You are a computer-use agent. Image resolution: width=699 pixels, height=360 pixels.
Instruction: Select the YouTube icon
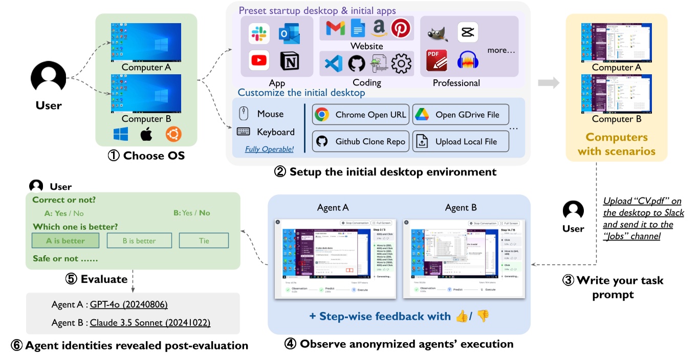click(259, 61)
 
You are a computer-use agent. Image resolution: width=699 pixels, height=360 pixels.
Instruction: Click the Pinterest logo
click(401, 28)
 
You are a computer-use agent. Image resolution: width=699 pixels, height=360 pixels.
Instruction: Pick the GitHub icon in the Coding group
click(357, 64)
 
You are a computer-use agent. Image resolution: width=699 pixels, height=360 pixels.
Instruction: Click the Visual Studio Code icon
click(334, 64)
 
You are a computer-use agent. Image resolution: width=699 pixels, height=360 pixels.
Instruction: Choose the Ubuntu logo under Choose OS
click(173, 134)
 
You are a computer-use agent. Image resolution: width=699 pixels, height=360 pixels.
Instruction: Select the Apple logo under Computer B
click(146, 134)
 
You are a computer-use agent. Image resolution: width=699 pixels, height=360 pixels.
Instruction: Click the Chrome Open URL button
click(361, 115)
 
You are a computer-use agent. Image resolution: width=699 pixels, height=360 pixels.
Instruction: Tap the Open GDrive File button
click(461, 115)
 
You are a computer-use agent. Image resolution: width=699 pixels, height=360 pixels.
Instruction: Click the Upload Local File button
click(461, 142)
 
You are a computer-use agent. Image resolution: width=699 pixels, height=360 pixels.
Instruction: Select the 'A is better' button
click(65, 240)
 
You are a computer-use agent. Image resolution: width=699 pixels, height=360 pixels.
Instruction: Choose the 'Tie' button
click(204, 240)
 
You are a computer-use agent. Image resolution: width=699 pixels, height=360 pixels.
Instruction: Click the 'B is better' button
click(139, 240)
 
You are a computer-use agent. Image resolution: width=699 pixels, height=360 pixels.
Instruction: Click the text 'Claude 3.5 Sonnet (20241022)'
click(150, 323)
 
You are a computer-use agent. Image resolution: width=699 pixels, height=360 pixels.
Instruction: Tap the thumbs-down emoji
click(483, 317)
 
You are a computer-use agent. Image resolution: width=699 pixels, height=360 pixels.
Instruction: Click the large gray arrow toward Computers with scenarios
click(549, 83)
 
